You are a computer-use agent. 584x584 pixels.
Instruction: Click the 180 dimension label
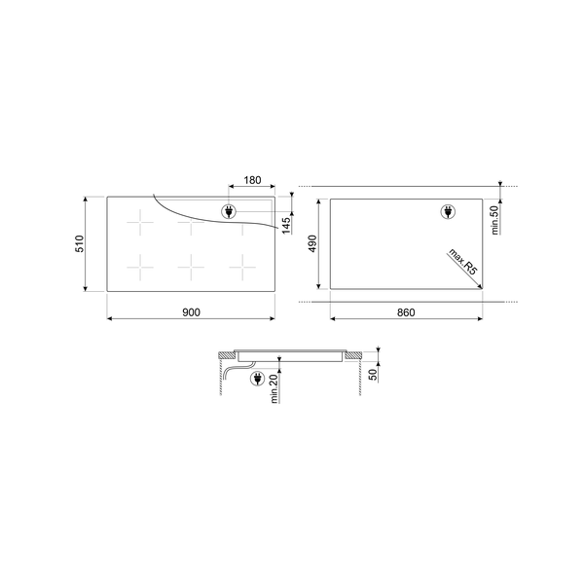(x=252, y=180)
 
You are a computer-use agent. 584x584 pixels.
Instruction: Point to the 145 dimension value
(x=286, y=226)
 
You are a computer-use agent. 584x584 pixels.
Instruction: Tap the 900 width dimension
(x=191, y=311)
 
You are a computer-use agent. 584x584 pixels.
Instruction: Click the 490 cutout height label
(x=313, y=244)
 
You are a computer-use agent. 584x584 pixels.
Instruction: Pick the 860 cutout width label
(x=407, y=311)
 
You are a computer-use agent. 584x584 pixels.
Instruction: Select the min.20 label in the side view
(x=275, y=386)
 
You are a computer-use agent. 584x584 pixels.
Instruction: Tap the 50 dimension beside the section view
(x=373, y=375)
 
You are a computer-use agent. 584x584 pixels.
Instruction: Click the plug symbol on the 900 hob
(x=229, y=212)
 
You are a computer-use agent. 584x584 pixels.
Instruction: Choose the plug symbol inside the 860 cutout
(x=449, y=212)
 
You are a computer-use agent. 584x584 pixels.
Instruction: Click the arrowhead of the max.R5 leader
(x=481, y=284)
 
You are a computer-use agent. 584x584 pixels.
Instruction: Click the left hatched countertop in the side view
(x=225, y=353)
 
